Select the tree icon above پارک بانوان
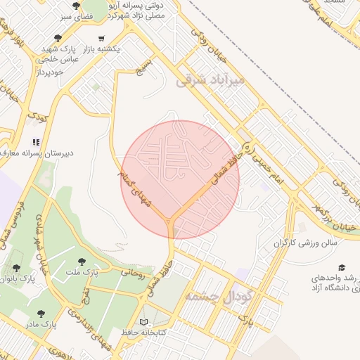pos(16,268)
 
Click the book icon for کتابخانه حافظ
pos(146,320)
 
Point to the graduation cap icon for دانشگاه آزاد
pos(342,268)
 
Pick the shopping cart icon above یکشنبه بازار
pos(102,39)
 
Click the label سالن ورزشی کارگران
pos(305,243)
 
